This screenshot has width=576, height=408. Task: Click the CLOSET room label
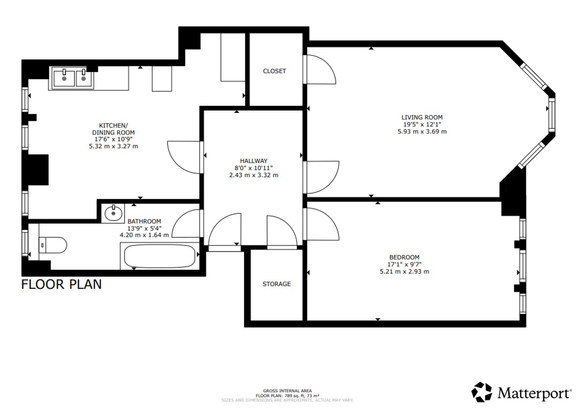tap(274, 71)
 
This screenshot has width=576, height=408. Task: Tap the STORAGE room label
tap(276, 284)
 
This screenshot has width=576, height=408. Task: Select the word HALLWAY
tap(254, 161)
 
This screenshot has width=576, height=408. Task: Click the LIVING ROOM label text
tap(422, 117)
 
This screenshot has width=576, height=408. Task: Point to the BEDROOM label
tap(404, 257)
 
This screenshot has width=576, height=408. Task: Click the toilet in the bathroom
tap(52, 245)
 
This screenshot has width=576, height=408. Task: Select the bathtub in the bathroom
tap(160, 256)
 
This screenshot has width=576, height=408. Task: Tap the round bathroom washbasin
tap(113, 213)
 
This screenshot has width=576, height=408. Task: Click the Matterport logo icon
tap(482, 392)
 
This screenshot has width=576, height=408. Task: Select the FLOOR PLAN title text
tap(62, 284)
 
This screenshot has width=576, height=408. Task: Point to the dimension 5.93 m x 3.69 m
tap(422, 132)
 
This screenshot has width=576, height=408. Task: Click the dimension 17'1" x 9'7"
tap(404, 265)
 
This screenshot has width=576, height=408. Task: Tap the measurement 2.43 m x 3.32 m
tap(254, 175)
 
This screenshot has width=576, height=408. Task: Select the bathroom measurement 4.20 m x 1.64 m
tap(144, 235)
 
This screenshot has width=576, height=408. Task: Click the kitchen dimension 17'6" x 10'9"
tap(113, 139)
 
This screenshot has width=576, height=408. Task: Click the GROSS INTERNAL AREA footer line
tap(287, 391)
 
